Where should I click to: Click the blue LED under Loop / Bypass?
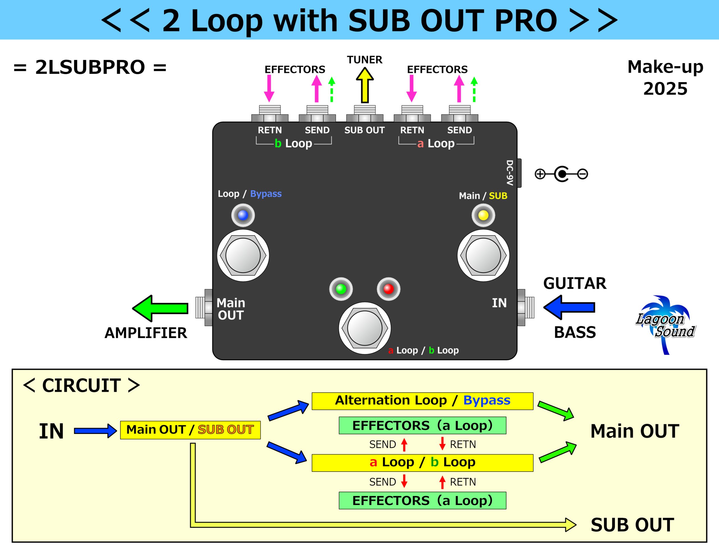pos(243,215)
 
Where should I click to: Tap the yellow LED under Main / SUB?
pos(483,215)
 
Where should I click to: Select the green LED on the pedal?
pos(341,289)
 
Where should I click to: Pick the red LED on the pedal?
pos(388,289)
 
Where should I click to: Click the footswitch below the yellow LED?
pos(483,256)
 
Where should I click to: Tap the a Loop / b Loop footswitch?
pos(365,328)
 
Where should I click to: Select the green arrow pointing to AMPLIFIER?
pos(160,308)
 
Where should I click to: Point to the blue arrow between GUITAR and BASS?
pos(569,307)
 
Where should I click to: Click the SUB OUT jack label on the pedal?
pos(365,130)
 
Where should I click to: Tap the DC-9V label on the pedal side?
pos(510,173)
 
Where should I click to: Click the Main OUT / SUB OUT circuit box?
pos(190,430)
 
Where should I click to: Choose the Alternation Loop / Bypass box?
pos(422,401)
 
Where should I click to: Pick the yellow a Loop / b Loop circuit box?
pos(422,463)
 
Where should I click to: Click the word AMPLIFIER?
pos(145,333)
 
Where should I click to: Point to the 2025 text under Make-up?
pos(665,89)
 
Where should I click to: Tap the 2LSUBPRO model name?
pos(90,67)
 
